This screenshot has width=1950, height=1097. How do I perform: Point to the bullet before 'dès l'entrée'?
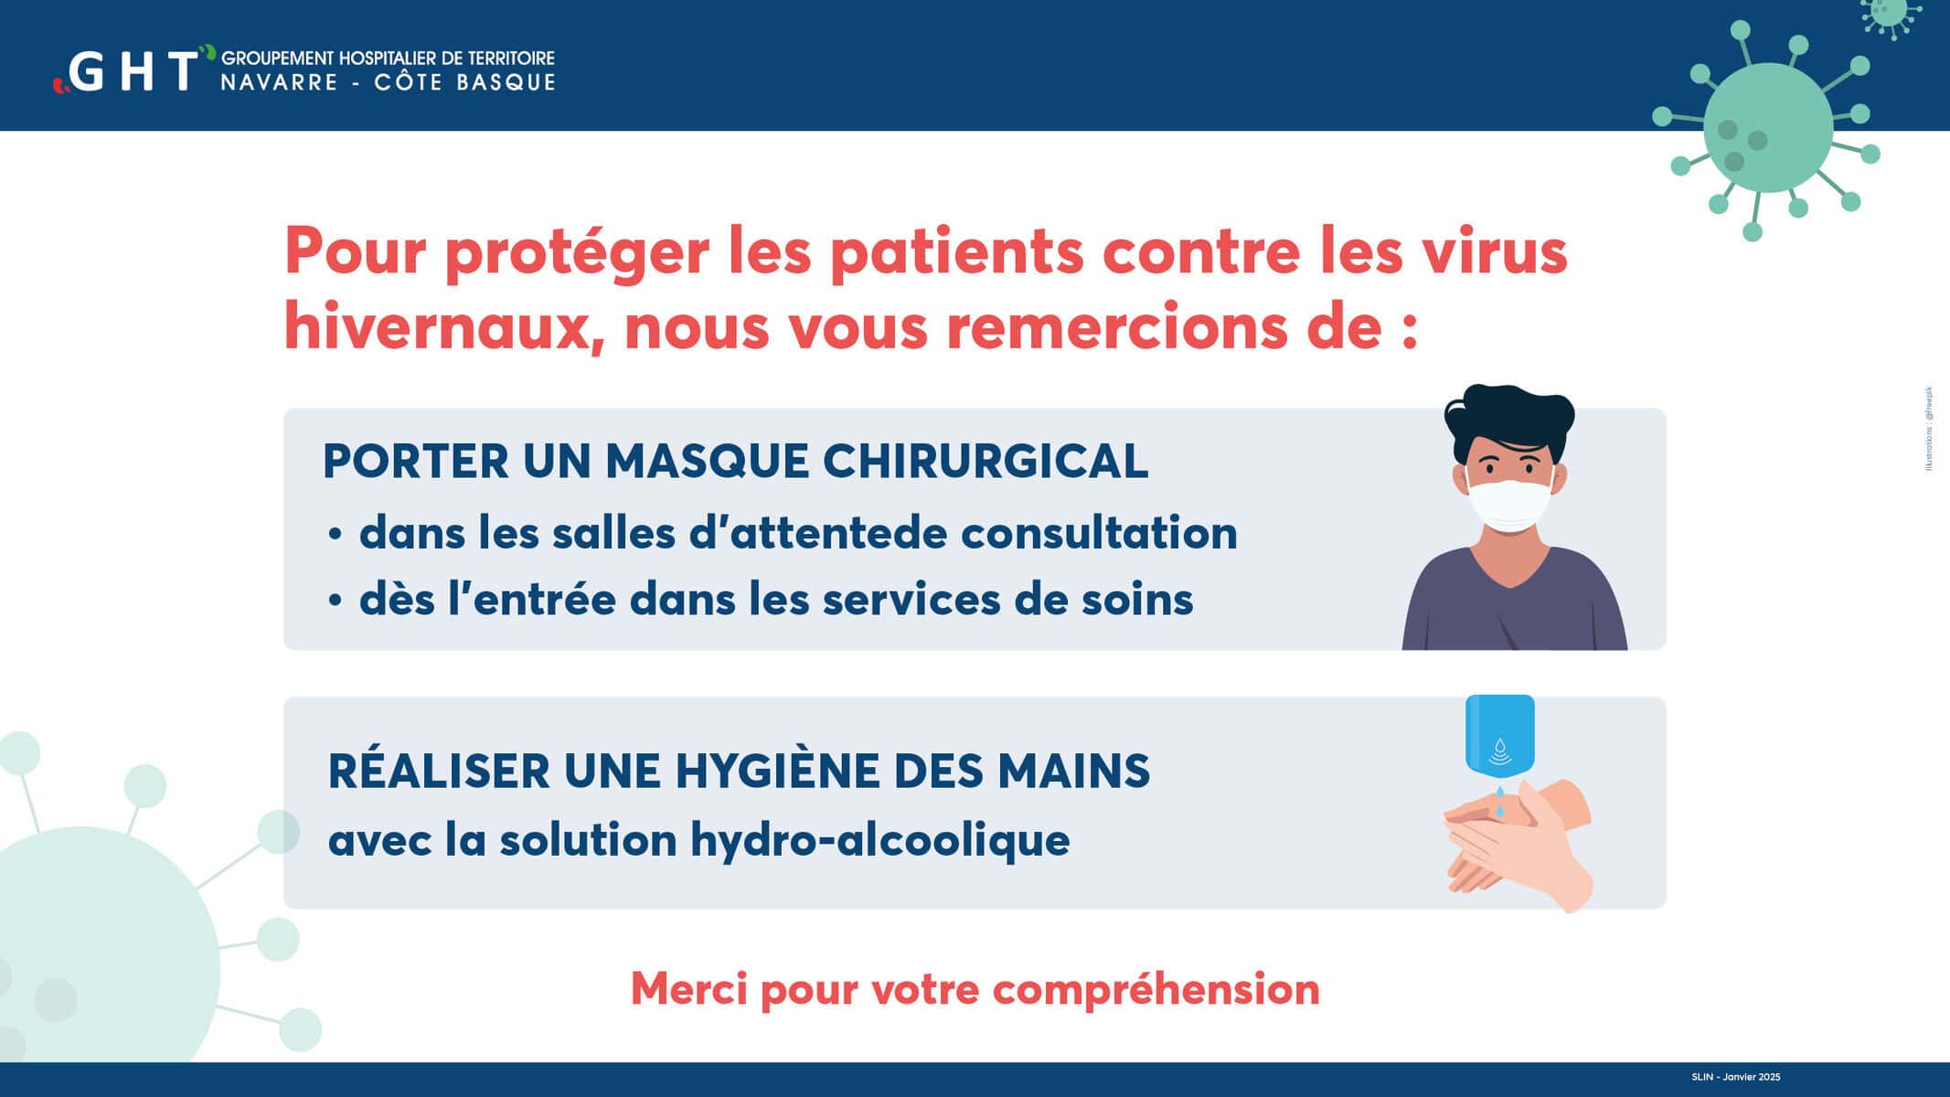pos(336,601)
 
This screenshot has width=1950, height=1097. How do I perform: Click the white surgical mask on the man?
pos(1510,504)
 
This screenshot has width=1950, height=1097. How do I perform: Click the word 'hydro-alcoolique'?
pos(879,839)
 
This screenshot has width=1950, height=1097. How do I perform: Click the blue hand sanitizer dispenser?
pos(1499,737)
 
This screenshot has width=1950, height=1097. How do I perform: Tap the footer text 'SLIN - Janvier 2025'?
pos(1735,1077)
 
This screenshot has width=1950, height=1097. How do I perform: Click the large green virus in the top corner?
pos(1766,128)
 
